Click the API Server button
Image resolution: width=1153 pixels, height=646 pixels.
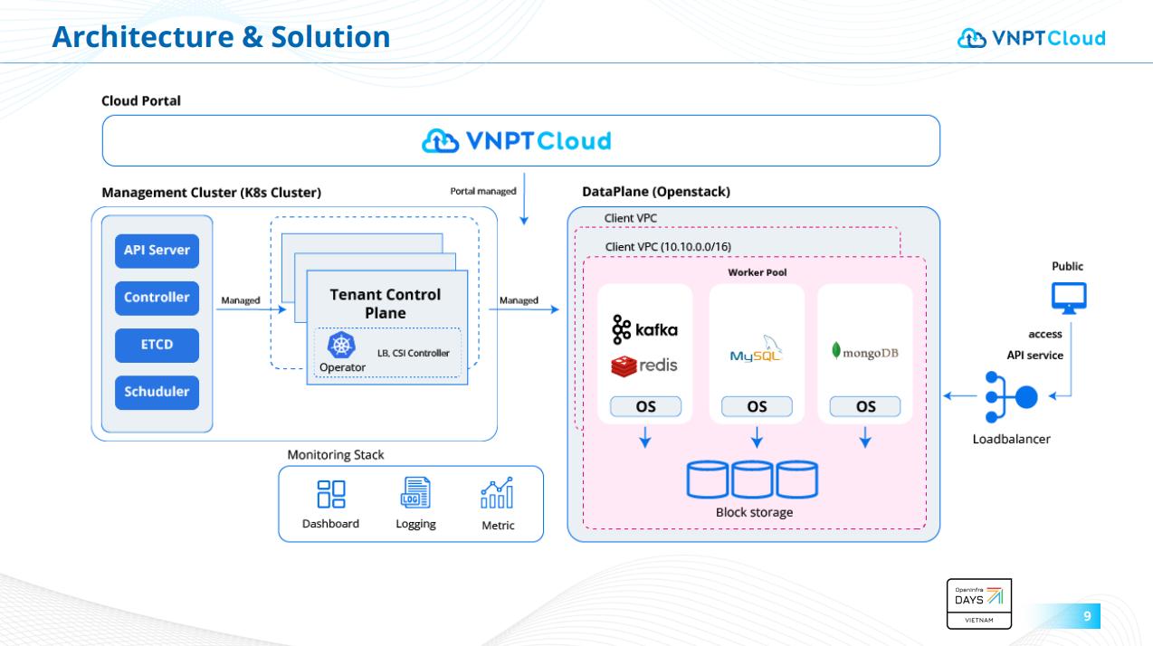pos(157,251)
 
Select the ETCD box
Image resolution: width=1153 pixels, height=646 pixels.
pos(157,345)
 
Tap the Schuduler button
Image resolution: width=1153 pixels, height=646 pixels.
pos(157,392)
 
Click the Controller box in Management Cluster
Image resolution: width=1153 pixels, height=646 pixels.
pos(157,298)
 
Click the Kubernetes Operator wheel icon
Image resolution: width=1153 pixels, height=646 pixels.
pos(342,346)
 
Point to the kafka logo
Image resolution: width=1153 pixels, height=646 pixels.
pos(644,330)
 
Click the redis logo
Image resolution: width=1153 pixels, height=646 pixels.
pos(644,366)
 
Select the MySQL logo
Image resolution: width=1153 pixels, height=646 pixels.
pos(756,352)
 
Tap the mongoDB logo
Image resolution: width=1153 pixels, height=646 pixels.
pos(864,352)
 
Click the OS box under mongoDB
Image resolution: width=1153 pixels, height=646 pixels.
pos(865,406)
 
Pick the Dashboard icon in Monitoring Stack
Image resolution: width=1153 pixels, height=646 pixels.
pos(330,494)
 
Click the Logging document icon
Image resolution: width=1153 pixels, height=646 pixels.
pos(415,493)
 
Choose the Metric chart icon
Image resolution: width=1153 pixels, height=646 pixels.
pos(497,493)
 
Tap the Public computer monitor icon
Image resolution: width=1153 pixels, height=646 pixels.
pos(1069,298)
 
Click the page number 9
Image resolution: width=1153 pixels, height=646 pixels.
pos(1087,617)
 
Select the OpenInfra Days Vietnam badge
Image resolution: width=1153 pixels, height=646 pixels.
pos(978,603)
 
